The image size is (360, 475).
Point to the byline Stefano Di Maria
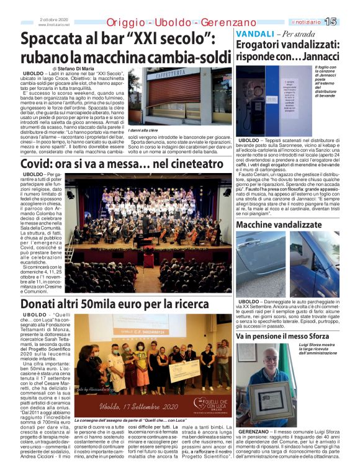tap(73, 68)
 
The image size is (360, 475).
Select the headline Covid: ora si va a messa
tap(122, 164)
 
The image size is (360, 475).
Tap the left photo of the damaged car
tap(260, 265)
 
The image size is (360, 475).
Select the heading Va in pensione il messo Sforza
tap(287, 335)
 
